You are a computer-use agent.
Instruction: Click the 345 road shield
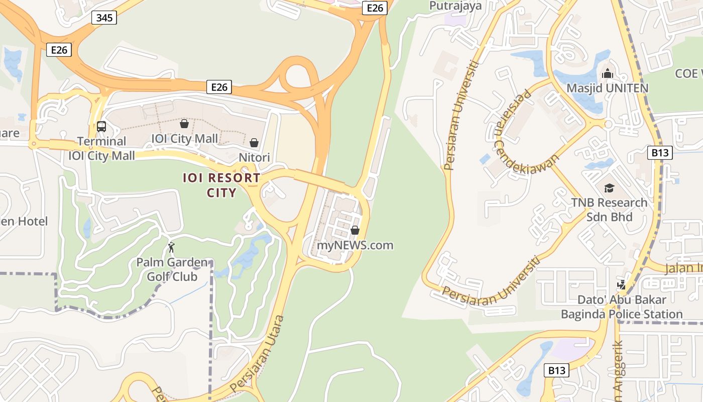click(x=104, y=18)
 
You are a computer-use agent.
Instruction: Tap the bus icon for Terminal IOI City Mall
click(x=101, y=127)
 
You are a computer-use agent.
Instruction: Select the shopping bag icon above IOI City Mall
click(x=184, y=124)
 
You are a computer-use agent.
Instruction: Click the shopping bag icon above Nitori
click(x=254, y=143)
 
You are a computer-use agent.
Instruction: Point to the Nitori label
click(x=254, y=157)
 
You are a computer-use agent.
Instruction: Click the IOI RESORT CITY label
click(x=221, y=185)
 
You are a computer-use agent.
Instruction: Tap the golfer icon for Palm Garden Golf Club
click(x=171, y=247)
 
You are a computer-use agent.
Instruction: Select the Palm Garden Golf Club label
click(x=172, y=269)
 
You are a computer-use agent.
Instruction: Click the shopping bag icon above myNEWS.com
click(x=355, y=230)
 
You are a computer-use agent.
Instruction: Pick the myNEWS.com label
click(x=355, y=245)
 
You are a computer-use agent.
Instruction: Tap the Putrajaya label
click(x=455, y=6)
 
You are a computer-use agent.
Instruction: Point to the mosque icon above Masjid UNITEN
click(x=608, y=74)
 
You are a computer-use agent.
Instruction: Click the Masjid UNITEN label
click(x=608, y=88)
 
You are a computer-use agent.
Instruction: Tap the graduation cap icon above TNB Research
click(x=609, y=188)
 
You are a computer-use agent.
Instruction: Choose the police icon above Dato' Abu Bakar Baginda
click(x=622, y=284)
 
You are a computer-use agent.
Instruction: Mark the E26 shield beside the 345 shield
click(x=59, y=50)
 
